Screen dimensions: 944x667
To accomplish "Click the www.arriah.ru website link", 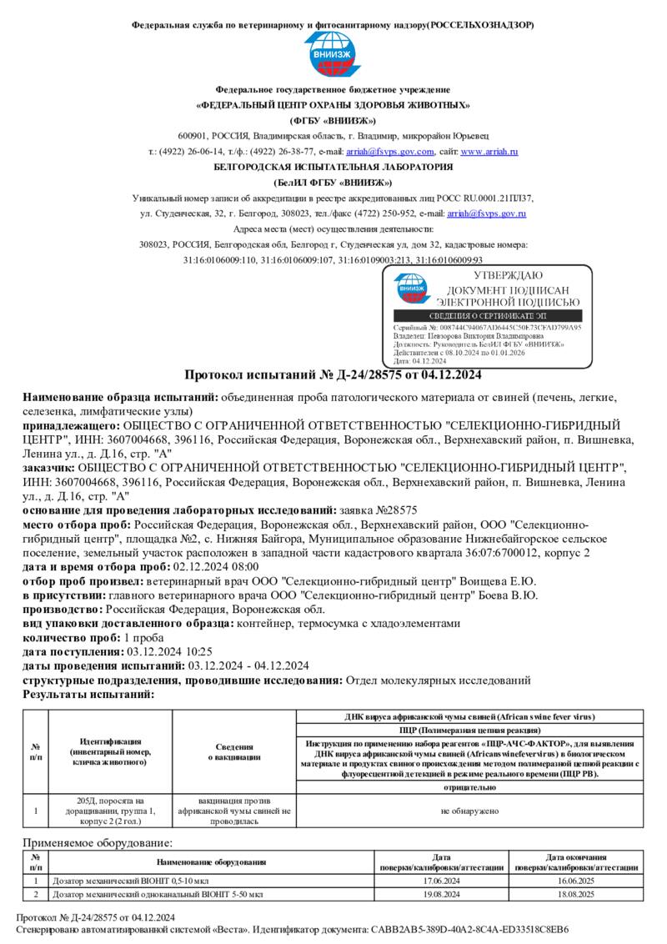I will pos(489,152).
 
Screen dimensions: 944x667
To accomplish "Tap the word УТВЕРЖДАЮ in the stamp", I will pos(507,275).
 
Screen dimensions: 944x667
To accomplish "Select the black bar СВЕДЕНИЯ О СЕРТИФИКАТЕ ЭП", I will pos(494,317).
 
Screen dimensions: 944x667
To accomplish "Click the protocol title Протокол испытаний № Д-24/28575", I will pos(333,374).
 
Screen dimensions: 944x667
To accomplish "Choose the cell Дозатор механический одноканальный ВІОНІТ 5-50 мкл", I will pos(158,894).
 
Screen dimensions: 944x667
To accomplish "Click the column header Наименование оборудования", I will pos(211,862).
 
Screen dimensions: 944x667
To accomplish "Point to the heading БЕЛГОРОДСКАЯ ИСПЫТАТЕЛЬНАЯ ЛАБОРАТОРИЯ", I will pos(333,167).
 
